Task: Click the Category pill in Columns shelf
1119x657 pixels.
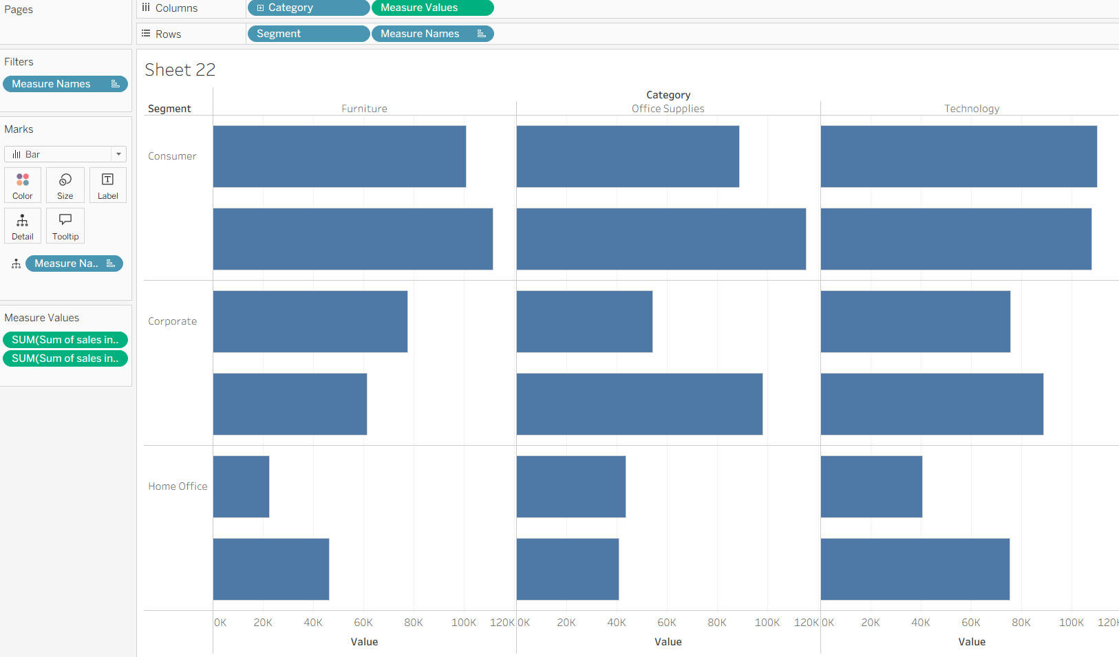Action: pos(308,8)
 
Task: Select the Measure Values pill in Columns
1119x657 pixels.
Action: pos(432,8)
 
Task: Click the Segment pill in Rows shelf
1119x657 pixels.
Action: pos(308,34)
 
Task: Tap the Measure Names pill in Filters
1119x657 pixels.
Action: pos(65,84)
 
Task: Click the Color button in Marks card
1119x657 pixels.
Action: pos(23,185)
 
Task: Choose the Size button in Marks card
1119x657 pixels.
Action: pos(65,185)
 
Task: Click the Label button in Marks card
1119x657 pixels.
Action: pos(108,185)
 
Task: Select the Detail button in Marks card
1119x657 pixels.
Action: pos(23,226)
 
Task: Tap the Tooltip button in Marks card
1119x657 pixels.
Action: pos(65,226)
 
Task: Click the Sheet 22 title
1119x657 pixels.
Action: pos(180,69)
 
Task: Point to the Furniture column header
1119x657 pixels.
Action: pos(364,109)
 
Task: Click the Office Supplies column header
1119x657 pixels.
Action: pos(668,109)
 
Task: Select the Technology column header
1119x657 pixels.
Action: pos(971,109)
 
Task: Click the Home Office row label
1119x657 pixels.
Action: pos(178,486)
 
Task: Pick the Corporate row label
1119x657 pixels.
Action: pos(172,321)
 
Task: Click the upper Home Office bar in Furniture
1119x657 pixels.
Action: pos(241,486)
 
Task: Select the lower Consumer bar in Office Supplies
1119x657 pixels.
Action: pos(661,239)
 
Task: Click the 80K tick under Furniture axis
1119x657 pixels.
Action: pos(413,623)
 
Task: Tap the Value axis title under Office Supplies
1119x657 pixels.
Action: pos(668,642)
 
